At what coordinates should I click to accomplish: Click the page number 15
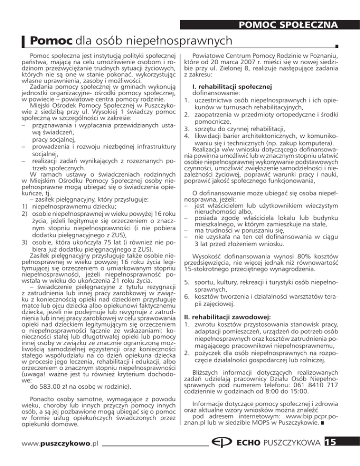pyautogui.click(x=345, y=453)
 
